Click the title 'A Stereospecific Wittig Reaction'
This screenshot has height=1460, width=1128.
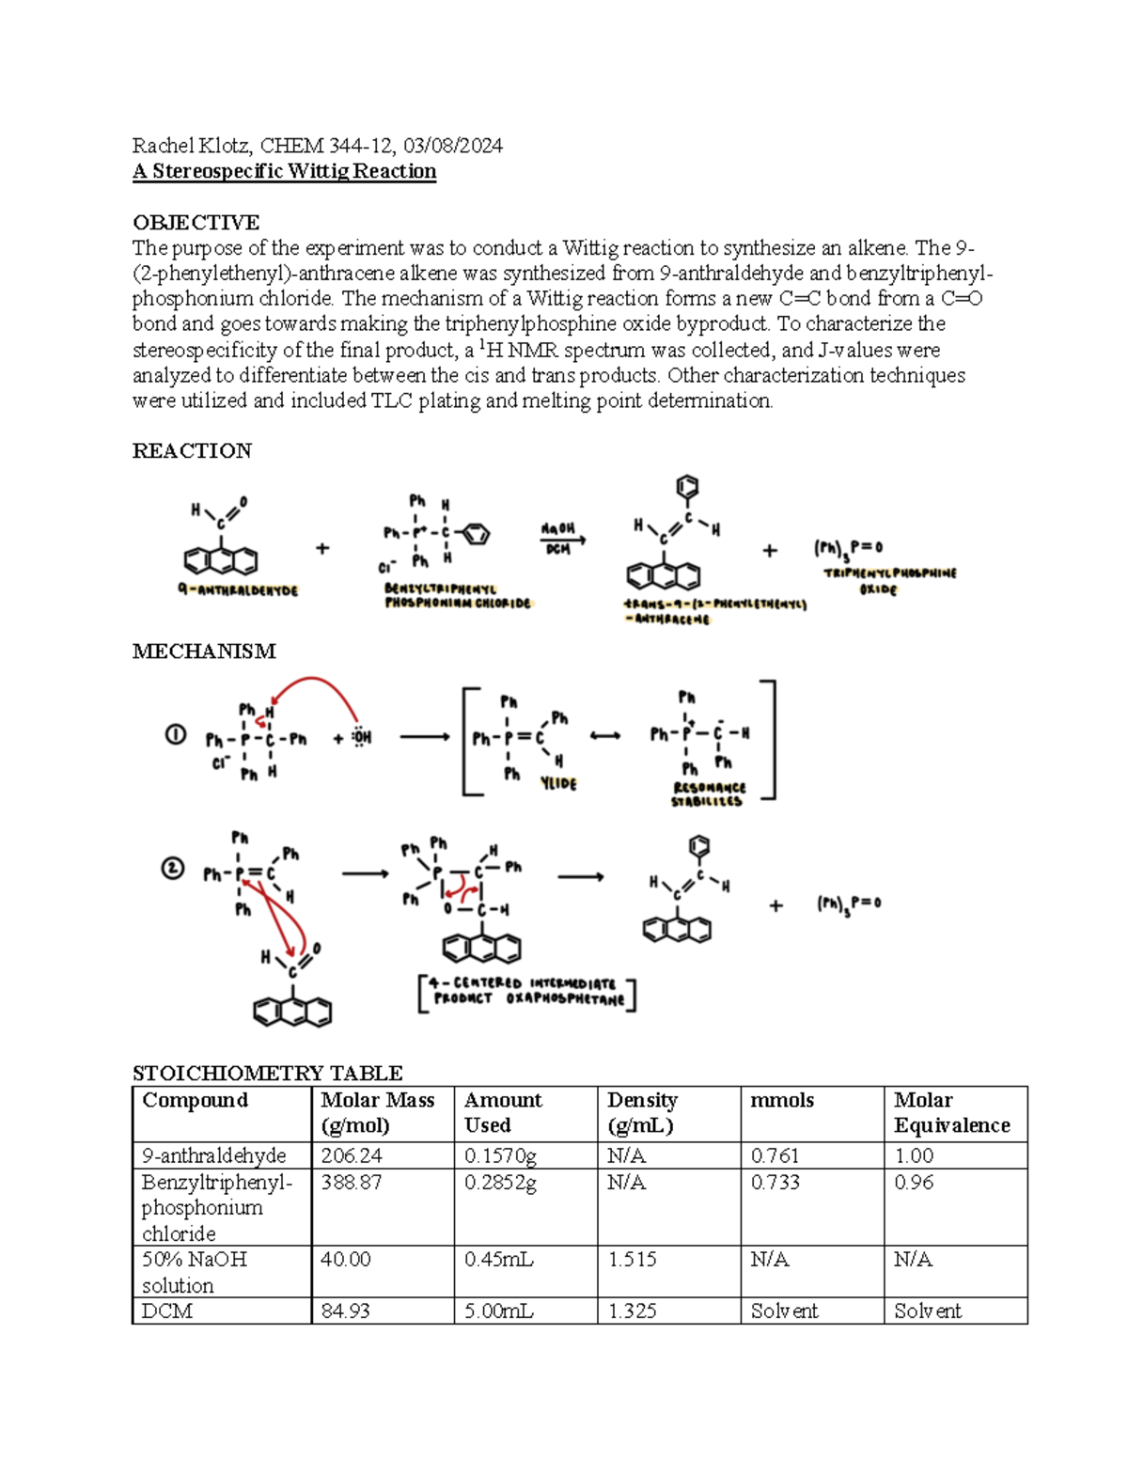pyautogui.click(x=284, y=171)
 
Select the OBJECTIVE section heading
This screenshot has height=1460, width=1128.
pyautogui.click(x=196, y=223)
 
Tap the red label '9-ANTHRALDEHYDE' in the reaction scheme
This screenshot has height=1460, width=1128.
pyautogui.click(x=237, y=590)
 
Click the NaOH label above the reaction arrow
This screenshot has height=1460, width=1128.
pyautogui.click(x=558, y=529)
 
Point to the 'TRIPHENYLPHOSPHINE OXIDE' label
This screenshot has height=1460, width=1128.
pyautogui.click(x=889, y=580)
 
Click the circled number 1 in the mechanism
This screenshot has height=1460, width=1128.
pyautogui.click(x=176, y=735)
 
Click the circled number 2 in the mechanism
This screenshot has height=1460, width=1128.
pyautogui.click(x=172, y=869)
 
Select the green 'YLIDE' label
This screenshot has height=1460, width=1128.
pyautogui.click(x=558, y=783)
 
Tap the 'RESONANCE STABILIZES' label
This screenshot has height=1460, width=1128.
pyautogui.click(x=709, y=794)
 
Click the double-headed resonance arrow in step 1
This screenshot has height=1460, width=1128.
pyautogui.click(x=604, y=736)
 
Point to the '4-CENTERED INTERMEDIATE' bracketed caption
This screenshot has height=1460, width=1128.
pyautogui.click(x=526, y=991)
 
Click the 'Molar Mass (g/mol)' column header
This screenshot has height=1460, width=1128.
pyautogui.click(x=378, y=1112)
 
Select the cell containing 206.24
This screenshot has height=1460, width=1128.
pyautogui.click(x=352, y=1155)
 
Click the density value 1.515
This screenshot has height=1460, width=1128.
pyautogui.click(x=632, y=1260)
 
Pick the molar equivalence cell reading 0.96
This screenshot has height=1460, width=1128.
pyautogui.click(x=914, y=1183)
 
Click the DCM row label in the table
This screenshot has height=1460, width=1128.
pyautogui.click(x=167, y=1311)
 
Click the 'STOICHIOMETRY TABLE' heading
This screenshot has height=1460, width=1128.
pyautogui.click(x=268, y=1073)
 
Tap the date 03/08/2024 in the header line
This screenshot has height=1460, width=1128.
pyautogui.click(x=453, y=146)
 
